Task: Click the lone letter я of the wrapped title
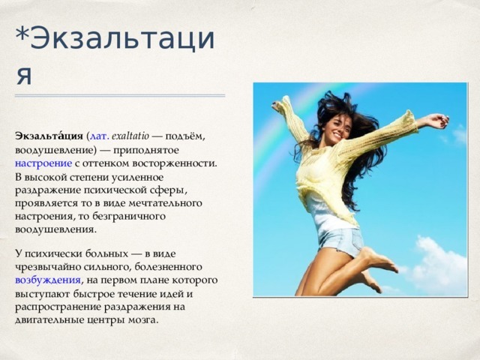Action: (x=24, y=76)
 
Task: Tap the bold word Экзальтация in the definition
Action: (x=49, y=136)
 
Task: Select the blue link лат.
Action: (x=99, y=136)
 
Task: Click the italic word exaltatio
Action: (x=130, y=136)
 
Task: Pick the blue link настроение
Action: (x=43, y=163)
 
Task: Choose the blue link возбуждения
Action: (x=48, y=280)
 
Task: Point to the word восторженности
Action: (x=175, y=163)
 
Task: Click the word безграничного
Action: (x=128, y=217)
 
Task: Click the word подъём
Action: (x=185, y=136)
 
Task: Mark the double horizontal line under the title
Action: (x=120, y=96)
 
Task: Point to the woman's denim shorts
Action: (x=340, y=241)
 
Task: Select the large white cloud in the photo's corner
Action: (x=438, y=265)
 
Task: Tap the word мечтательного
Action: (x=165, y=203)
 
